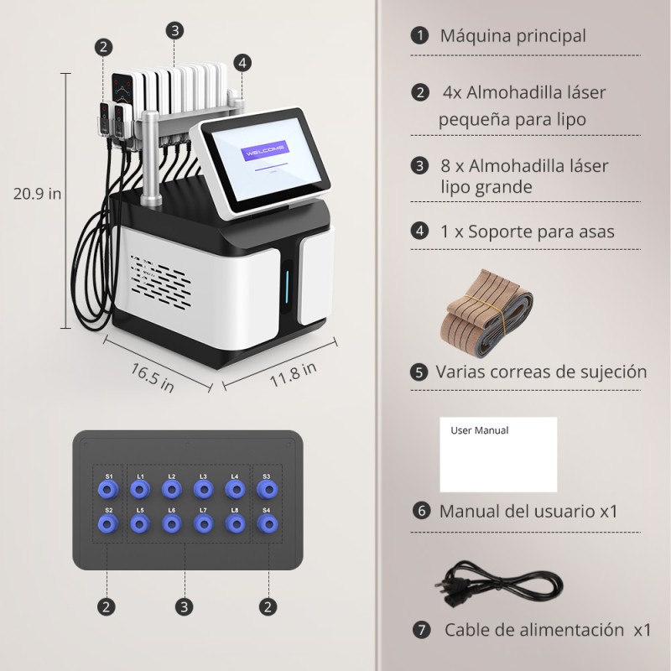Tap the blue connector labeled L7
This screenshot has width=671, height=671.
pos(203,524)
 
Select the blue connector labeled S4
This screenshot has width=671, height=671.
pos(267,524)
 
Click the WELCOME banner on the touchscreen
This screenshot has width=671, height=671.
pos(264,152)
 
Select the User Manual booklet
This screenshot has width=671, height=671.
pos(498,454)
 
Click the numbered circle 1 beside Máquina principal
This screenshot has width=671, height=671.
pos(419,36)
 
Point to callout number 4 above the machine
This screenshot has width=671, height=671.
pos(242,62)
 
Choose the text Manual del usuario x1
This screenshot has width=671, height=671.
pos(528,511)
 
